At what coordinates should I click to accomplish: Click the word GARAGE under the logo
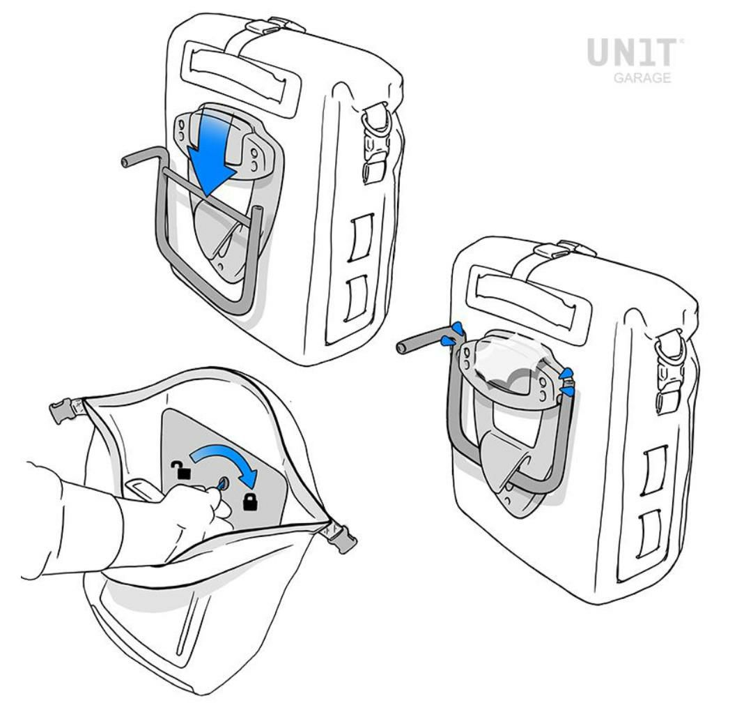pyautogui.click(x=642, y=77)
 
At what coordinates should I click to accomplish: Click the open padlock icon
pyautogui.click(x=181, y=470)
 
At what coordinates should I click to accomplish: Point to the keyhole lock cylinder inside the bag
pyautogui.click(x=222, y=483)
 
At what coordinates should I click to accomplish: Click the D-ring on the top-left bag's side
pyautogui.click(x=378, y=119)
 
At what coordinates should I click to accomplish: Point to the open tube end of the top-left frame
pyautogui.click(x=125, y=162)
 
